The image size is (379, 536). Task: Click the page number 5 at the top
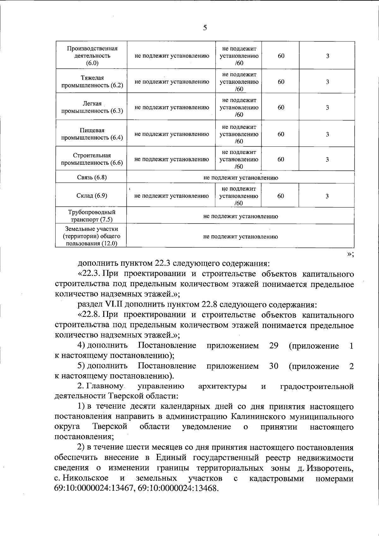(205, 28)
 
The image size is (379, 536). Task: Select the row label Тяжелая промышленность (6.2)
(92, 82)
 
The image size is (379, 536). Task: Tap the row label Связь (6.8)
(92, 177)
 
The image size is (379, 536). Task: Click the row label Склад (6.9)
(92, 195)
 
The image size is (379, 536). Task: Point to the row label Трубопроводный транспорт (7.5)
(92, 216)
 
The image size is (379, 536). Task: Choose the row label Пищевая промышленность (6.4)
(92, 134)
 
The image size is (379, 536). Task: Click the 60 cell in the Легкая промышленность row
(281, 108)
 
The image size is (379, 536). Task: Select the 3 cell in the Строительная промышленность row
(327, 159)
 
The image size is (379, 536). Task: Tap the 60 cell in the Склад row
(280, 196)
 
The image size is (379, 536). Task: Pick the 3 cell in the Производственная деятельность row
(328, 56)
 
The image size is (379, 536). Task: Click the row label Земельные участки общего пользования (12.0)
(92, 236)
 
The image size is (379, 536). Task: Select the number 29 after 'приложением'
(274, 345)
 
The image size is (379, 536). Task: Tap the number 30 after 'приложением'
(274, 366)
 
